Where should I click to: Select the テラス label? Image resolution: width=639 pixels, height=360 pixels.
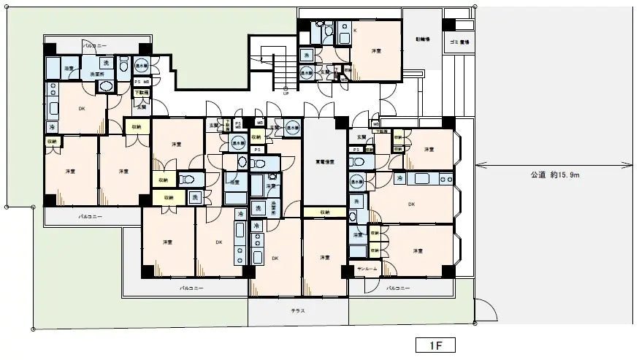click(x=298, y=310)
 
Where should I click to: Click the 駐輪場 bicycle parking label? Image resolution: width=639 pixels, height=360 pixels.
click(x=423, y=39)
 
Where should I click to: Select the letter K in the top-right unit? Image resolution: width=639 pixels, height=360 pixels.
click(x=355, y=31)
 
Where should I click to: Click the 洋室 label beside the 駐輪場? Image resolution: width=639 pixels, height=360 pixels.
click(x=376, y=52)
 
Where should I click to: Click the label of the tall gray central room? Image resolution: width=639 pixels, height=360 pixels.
click(x=324, y=161)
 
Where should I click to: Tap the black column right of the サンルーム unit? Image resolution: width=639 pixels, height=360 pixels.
click(x=448, y=274)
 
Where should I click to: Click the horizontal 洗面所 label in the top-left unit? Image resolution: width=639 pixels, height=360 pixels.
click(x=96, y=74)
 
